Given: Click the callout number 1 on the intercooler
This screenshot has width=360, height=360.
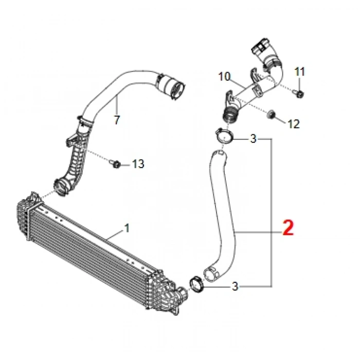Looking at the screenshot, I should (127, 227).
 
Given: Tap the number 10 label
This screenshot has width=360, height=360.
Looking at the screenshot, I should (224, 77).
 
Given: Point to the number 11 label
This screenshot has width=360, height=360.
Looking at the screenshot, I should (300, 70).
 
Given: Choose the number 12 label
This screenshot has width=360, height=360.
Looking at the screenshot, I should (293, 123).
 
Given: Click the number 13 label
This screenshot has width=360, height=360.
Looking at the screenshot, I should (138, 164).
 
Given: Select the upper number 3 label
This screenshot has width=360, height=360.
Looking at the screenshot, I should (253, 139).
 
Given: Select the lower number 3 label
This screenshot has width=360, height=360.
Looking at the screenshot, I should (235, 286).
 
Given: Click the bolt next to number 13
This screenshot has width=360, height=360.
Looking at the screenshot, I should (115, 164).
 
